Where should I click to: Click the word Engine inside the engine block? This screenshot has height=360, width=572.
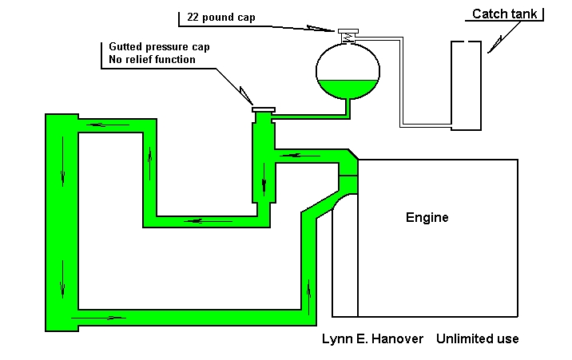click(427, 218)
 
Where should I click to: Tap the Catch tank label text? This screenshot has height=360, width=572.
click(505, 14)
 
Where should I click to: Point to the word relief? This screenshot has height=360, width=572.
click(144, 60)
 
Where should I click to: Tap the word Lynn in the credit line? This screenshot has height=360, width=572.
click(336, 338)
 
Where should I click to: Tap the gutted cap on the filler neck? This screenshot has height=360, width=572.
click(263, 109)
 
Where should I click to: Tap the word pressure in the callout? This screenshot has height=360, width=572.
click(168, 47)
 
